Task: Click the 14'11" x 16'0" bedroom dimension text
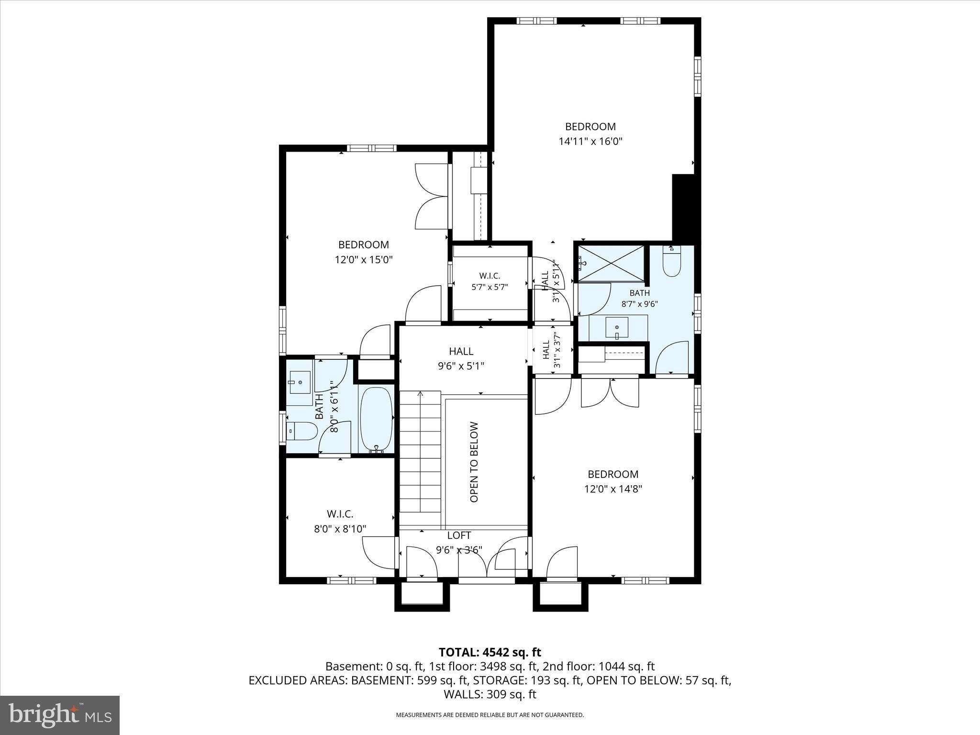click(590, 141)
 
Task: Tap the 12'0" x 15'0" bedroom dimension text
click(364, 260)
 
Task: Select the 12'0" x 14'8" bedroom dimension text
click(613, 489)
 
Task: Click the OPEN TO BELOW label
click(474, 462)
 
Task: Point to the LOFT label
click(459, 535)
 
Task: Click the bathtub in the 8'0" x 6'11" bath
click(376, 420)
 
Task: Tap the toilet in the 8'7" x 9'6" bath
click(672, 261)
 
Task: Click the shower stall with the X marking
click(611, 264)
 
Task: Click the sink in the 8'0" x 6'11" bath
click(300, 382)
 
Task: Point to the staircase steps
click(420, 458)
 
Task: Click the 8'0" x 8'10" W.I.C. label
click(340, 522)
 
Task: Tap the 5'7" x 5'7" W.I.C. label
click(490, 281)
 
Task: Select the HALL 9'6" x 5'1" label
click(461, 358)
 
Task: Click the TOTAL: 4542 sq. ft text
click(490, 652)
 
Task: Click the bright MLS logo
click(60, 715)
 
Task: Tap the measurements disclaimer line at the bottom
click(490, 715)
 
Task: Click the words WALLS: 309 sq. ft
click(490, 694)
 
